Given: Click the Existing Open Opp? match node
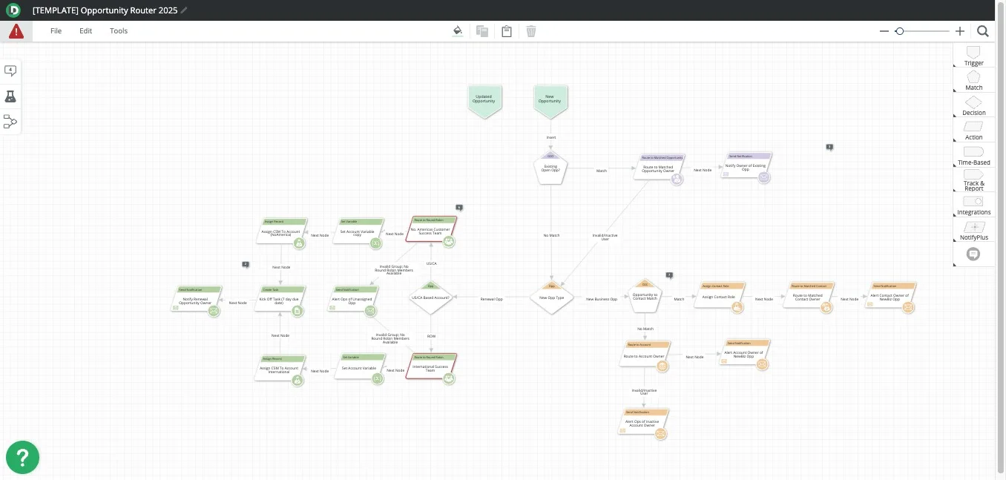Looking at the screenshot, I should (x=550, y=168).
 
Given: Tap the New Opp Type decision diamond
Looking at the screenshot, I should (x=552, y=297).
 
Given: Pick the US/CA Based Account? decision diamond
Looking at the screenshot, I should (x=430, y=297).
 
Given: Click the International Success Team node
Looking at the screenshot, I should (x=431, y=367).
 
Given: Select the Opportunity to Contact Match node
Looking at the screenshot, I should (x=644, y=297).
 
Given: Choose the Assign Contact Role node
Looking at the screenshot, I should (x=720, y=297).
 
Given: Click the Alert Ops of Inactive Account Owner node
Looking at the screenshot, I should (x=642, y=424).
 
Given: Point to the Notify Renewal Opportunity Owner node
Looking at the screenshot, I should (x=197, y=301).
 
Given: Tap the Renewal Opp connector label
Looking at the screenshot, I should (x=491, y=299).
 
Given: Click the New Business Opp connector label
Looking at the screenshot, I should (x=602, y=299).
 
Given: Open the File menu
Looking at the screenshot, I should (x=56, y=31).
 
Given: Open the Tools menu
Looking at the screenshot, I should (x=119, y=31).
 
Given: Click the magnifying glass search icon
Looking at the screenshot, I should (x=982, y=31).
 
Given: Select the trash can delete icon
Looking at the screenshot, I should (x=531, y=31).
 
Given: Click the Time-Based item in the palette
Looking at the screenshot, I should (x=973, y=155).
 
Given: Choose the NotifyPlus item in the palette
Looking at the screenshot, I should (x=973, y=230).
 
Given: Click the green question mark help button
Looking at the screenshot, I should (x=22, y=457).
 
